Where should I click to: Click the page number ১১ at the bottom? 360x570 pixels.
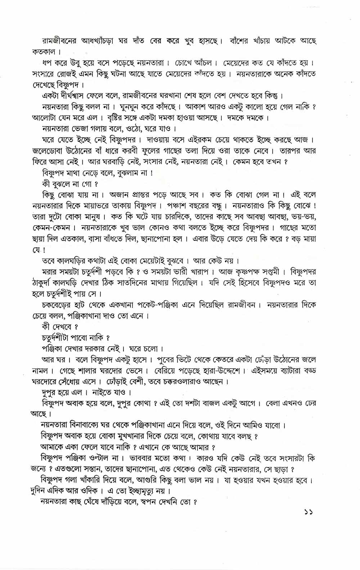308,522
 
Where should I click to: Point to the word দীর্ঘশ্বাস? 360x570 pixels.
80,96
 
